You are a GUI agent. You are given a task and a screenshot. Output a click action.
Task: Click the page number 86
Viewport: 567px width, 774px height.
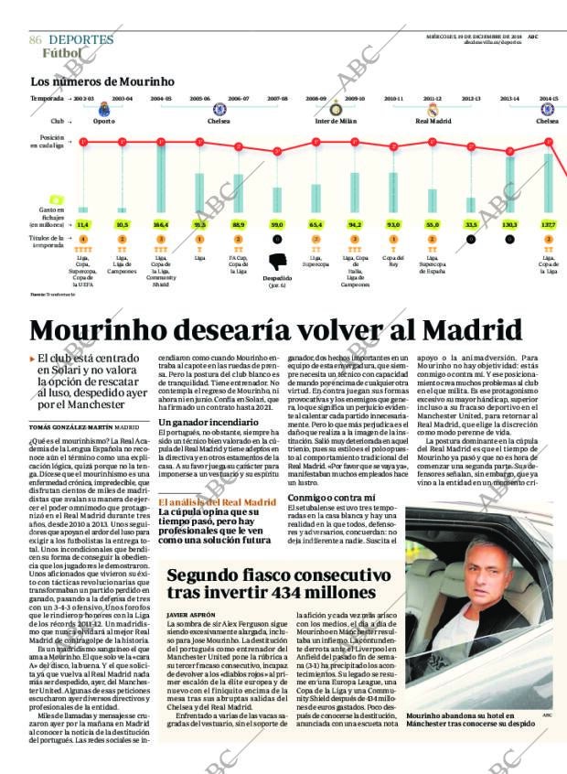tap(36, 40)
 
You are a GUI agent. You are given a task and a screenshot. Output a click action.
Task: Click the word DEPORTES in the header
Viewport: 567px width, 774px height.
tap(80, 40)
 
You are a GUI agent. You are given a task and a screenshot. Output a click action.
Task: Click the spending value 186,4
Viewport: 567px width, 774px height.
tap(161, 224)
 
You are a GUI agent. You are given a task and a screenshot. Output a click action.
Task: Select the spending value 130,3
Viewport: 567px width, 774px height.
tap(509, 224)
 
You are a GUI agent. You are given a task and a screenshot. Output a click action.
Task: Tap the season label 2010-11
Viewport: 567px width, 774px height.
tap(393, 98)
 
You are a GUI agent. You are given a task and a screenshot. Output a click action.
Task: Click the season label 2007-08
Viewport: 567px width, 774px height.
tap(277, 98)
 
